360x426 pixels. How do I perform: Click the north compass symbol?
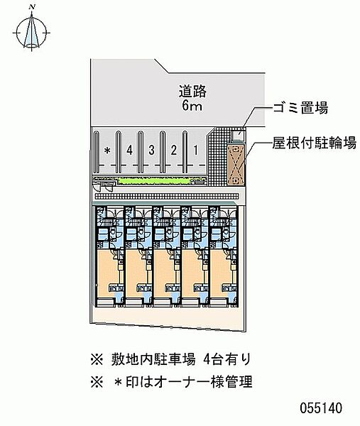click(x=31, y=31)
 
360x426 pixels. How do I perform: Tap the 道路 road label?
click(x=192, y=92)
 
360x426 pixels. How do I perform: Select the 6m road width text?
click(x=192, y=105)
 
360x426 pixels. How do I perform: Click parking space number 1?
click(x=196, y=150)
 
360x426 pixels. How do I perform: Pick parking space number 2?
click(x=174, y=150)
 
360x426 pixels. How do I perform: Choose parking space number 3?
click(x=152, y=150)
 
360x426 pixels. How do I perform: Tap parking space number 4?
click(x=130, y=150)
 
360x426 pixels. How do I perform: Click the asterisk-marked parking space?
click(x=108, y=150)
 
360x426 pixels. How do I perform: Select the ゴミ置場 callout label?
click(x=300, y=108)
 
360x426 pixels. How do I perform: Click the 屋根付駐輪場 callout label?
click(x=315, y=143)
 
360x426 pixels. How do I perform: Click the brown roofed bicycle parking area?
click(x=236, y=165)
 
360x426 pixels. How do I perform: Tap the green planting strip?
click(x=153, y=180)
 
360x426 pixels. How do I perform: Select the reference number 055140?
click(x=321, y=408)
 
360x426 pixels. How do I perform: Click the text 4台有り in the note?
click(x=227, y=359)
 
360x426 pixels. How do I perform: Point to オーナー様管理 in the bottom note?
click(x=203, y=382)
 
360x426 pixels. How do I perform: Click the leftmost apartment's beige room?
click(x=108, y=273)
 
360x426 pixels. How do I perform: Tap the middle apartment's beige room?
click(x=164, y=273)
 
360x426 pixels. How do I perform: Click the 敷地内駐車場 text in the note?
click(x=153, y=359)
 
